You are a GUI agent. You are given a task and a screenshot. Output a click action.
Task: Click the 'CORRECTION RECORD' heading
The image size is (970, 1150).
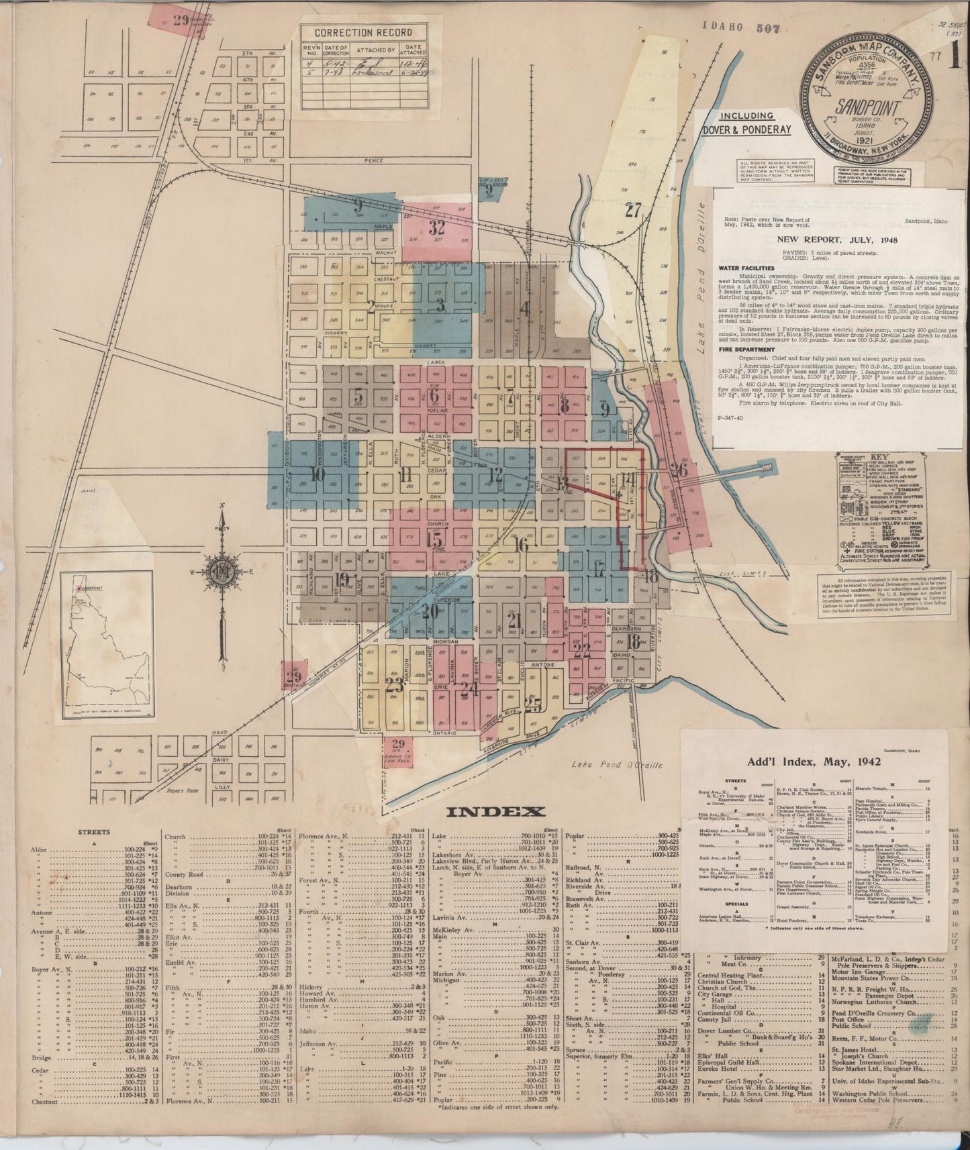363,32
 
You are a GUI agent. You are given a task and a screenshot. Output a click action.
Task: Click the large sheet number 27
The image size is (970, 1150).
633,211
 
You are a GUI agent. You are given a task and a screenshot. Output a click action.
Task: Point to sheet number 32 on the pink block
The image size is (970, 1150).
437,227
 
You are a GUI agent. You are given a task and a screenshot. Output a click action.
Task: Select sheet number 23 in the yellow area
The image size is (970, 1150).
395,685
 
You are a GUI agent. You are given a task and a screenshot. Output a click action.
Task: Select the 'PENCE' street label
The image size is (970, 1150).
373,162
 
